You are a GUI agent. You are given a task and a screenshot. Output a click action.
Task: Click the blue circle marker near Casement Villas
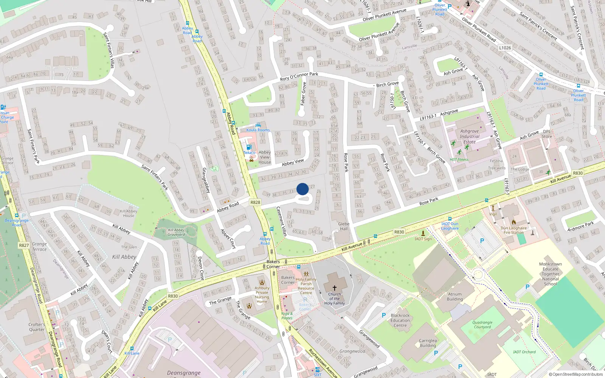(302, 189)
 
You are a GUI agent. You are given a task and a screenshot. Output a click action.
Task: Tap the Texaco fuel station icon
(248, 147)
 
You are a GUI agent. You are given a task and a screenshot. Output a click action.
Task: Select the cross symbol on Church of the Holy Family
(334, 288)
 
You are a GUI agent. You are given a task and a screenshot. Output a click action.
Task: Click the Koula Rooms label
(258, 130)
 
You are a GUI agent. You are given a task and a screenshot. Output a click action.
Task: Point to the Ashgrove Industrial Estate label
(470, 136)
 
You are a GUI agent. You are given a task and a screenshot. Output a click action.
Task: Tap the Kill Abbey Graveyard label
(176, 232)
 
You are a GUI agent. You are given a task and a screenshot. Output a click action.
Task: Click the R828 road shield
(255, 202)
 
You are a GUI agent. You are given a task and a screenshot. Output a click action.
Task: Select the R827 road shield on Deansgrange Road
(24, 245)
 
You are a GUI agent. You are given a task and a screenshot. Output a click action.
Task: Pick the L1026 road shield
(505, 48)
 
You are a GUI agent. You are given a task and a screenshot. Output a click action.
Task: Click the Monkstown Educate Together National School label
(550, 274)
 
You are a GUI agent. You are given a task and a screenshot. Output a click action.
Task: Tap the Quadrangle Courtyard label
(482, 325)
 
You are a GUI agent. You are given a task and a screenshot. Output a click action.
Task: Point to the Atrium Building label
(455, 296)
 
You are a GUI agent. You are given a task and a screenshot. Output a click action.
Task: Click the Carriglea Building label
(428, 343)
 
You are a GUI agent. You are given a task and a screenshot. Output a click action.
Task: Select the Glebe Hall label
(344, 226)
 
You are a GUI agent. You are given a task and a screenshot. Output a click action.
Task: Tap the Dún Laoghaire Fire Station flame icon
(513, 222)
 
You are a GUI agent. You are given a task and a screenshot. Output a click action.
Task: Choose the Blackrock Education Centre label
(400, 320)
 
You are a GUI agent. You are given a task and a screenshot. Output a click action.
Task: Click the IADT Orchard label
(524, 352)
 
